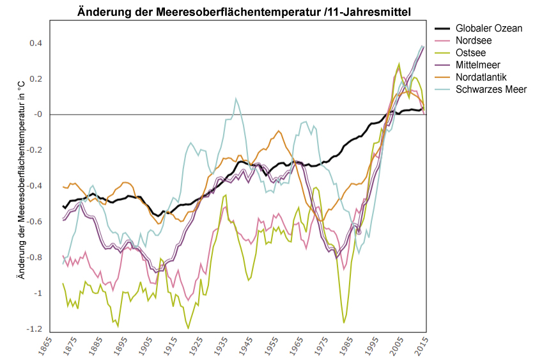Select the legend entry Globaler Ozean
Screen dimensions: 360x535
pos(489,29)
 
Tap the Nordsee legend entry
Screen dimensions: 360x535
pos(474,41)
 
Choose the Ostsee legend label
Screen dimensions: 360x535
pos(471,53)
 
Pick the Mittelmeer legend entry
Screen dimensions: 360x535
pos(478,65)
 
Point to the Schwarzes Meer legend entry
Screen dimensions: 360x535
pos(491,89)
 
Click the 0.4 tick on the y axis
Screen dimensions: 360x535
pos(36,43)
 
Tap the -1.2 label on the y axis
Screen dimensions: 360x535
pos(35,329)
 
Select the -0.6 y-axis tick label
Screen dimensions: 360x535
pos(35,222)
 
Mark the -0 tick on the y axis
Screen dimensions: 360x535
pos(37,115)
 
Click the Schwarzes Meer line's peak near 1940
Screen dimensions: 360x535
pos(236,98)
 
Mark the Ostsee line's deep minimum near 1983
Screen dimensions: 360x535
pos(345,322)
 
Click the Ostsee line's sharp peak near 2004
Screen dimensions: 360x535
pos(399,64)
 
